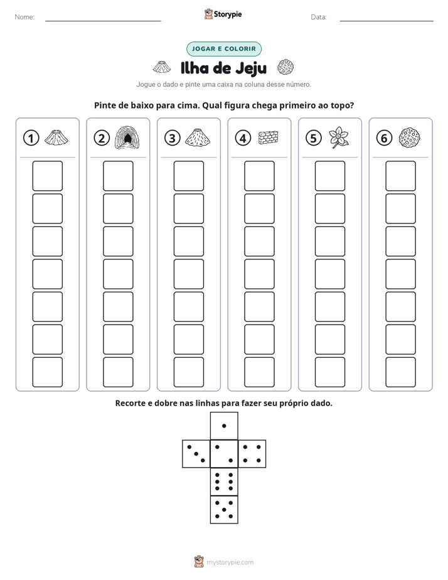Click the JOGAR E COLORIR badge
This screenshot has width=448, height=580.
224,49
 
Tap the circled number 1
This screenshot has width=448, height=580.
31,138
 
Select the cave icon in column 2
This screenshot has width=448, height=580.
127,137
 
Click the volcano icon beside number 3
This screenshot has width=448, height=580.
198,137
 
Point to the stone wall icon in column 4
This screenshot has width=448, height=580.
269,137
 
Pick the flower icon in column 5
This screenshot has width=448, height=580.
338,137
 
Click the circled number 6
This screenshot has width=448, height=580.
384,138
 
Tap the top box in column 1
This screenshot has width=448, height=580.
47,176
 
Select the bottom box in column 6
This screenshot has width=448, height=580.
401,372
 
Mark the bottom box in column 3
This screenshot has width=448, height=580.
188,372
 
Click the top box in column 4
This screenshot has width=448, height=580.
259,176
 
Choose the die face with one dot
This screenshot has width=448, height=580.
224,426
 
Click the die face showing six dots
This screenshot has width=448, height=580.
224,481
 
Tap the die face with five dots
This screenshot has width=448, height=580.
224,510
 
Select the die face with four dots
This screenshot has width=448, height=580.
252,454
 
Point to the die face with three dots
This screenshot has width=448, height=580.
196,454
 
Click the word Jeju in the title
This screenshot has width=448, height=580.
251,68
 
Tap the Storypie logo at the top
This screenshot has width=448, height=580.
223,14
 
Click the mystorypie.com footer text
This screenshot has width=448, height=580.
230,562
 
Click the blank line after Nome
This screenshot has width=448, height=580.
103,21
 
